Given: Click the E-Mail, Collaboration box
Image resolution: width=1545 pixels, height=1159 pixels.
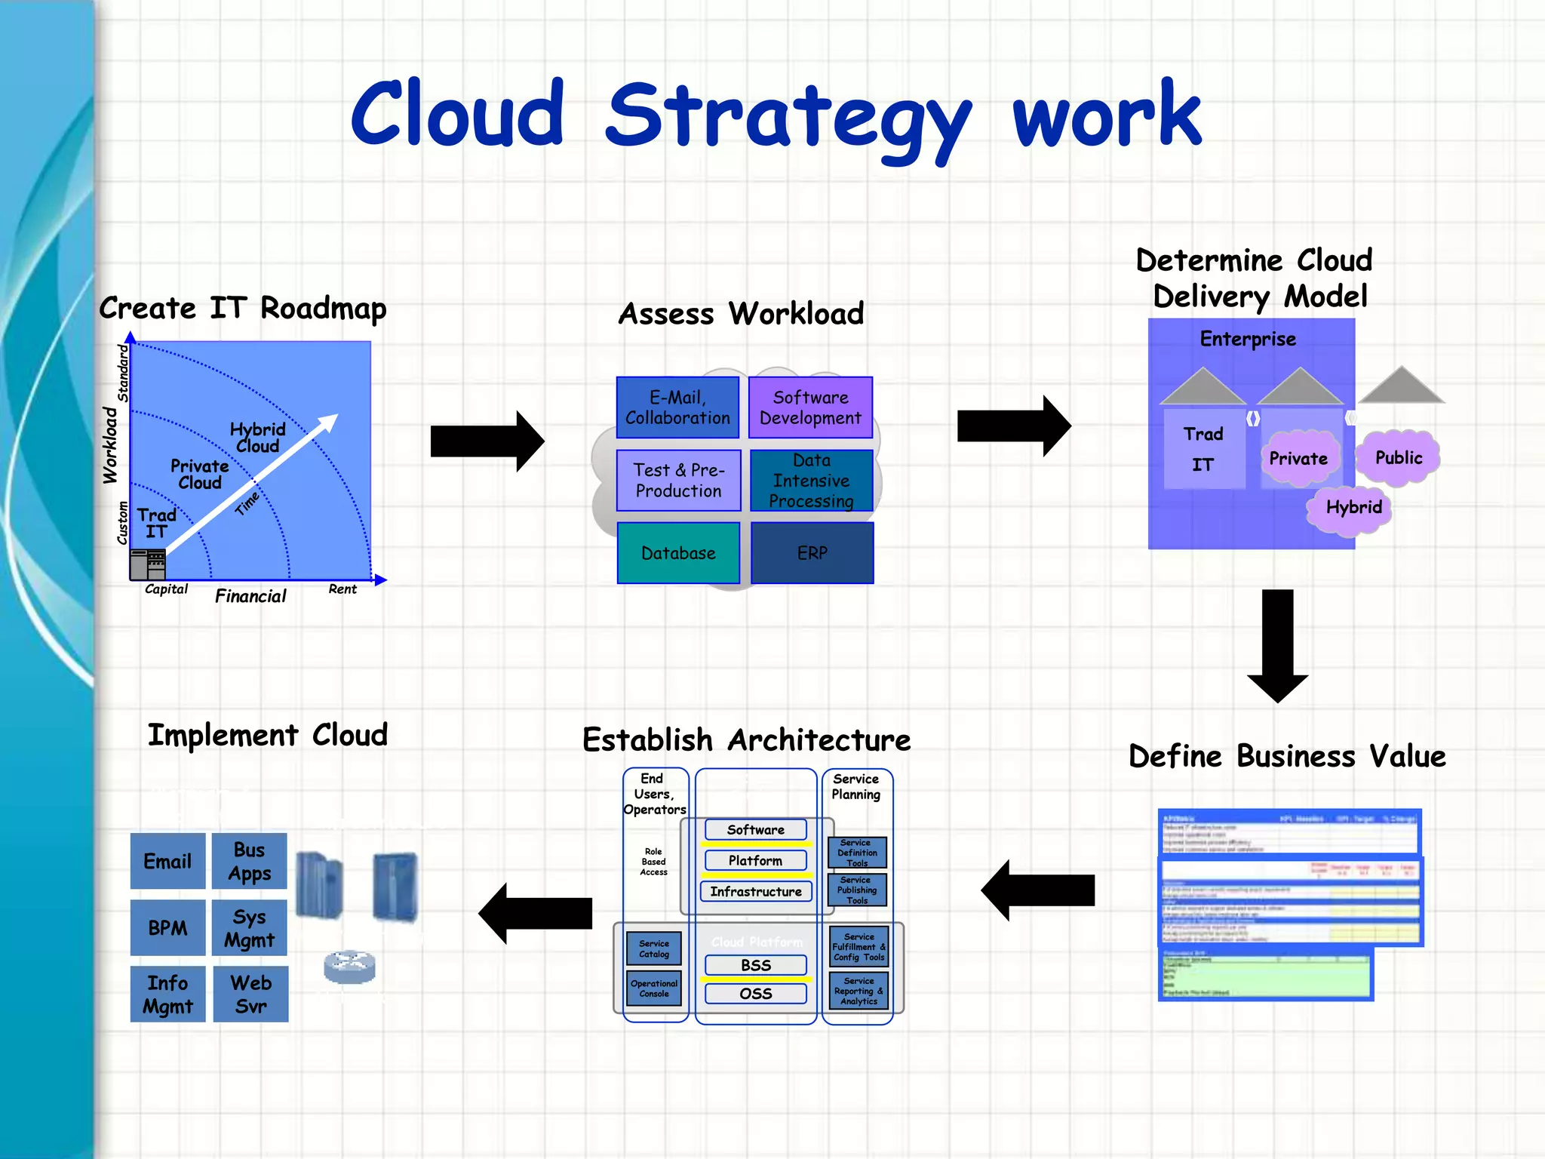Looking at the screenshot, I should tap(677, 407).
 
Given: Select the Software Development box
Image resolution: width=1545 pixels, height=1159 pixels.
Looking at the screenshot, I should tap(810, 407).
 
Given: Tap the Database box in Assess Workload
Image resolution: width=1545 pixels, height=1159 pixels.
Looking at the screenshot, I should tap(678, 553).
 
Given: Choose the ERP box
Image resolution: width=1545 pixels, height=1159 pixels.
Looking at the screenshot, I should tap(812, 553).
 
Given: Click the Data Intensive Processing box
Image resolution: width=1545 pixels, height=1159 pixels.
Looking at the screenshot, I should tap(811, 481).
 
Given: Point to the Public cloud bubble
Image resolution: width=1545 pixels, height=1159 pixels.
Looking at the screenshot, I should tap(1398, 458).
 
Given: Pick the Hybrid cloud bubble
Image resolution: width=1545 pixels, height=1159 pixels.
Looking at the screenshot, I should tap(1353, 508).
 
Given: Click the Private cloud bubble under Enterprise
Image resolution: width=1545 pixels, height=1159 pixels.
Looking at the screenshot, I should tap(1298, 459).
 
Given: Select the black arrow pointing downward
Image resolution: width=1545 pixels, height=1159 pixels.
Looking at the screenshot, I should tap(1277, 645).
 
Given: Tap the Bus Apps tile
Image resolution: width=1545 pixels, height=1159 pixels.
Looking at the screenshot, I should tap(250, 861).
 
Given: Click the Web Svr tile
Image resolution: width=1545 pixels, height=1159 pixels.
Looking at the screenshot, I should tap(250, 994).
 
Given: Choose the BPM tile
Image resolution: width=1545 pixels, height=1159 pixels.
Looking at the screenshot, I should tap(167, 927).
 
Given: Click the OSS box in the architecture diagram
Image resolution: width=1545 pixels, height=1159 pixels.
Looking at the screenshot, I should tap(755, 994).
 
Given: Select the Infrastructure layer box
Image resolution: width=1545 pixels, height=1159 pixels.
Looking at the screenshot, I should tap(755, 891).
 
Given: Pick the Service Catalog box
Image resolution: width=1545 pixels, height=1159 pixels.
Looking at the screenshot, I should tap(653, 948).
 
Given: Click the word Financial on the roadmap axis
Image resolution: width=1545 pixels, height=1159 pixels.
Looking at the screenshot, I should tap(250, 596).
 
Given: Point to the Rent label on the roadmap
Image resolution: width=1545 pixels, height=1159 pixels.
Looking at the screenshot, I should tap(342, 589).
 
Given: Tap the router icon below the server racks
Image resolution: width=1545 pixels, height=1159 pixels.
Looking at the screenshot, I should tap(349, 967).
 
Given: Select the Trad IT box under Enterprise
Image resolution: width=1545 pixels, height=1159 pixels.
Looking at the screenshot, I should tap(1203, 449).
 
